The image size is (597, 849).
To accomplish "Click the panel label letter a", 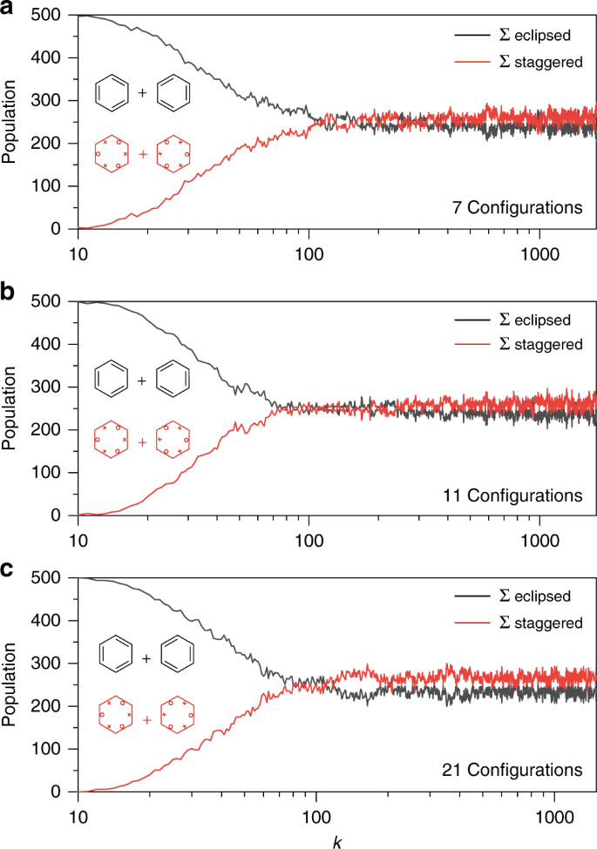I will click(8, 9).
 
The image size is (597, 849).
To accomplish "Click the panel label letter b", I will click(8, 293).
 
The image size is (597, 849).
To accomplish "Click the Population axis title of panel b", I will click(10, 409).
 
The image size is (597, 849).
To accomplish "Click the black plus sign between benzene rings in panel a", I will click(141, 91).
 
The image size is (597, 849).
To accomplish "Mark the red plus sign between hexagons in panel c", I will click(146, 719).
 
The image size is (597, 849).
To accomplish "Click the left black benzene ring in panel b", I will click(113, 380).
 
